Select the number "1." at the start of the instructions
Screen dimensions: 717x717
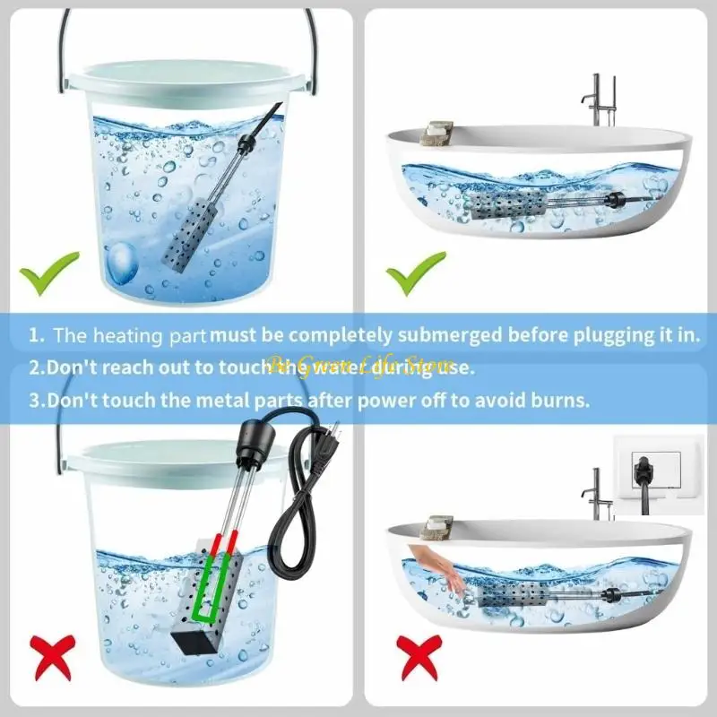[x=36, y=335]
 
